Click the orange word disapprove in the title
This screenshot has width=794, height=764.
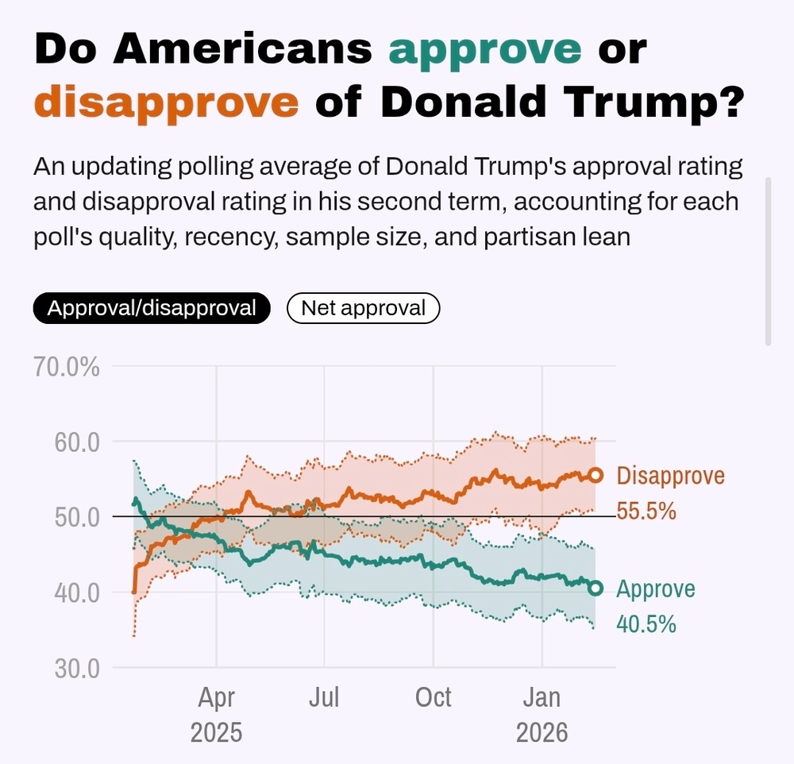(x=167, y=103)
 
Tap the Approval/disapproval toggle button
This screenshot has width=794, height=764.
(x=152, y=308)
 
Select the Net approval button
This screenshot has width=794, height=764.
(x=363, y=308)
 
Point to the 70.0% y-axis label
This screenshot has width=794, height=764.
(x=66, y=367)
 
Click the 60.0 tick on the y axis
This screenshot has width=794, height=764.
(x=76, y=442)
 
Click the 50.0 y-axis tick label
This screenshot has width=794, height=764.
(x=76, y=517)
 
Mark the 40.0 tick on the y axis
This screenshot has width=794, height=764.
(x=76, y=592)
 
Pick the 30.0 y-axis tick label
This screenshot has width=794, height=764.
(x=76, y=668)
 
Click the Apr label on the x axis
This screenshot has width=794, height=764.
(x=216, y=698)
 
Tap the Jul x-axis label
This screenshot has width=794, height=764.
(x=325, y=698)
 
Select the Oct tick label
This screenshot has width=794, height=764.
(x=434, y=698)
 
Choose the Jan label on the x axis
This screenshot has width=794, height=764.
(x=542, y=698)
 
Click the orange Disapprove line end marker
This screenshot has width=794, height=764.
(x=595, y=475)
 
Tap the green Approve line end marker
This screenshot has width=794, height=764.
(x=595, y=588)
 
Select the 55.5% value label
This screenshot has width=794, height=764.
(x=646, y=511)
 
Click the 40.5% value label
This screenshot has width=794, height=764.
(x=646, y=624)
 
